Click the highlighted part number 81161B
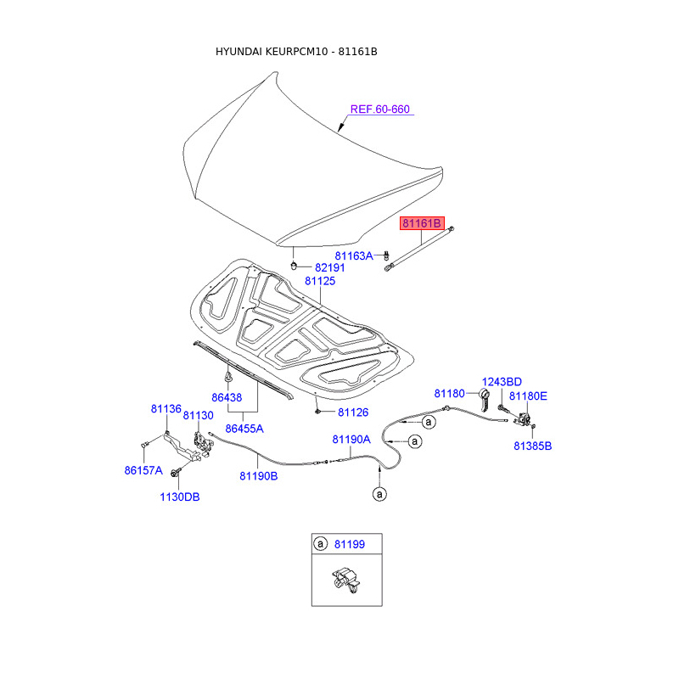pyautogui.click(x=423, y=223)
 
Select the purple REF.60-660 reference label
pyautogui.click(x=380, y=109)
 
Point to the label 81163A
pyautogui.click(x=353, y=255)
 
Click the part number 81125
pyautogui.click(x=320, y=281)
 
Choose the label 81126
pyautogui.click(x=353, y=412)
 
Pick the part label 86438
pyautogui.click(x=227, y=397)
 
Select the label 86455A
pyautogui.click(x=244, y=429)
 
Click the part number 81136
pyautogui.click(x=166, y=408)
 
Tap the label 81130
pyautogui.click(x=199, y=416)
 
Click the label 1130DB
pyautogui.click(x=179, y=497)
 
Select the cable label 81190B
pyautogui.click(x=258, y=476)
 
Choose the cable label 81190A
pyautogui.click(x=351, y=440)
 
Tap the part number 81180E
pyautogui.click(x=528, y=396)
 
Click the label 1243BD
pyautogui.click(x=502, y=382)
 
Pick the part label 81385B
pyautogui.click(x=532, y=446)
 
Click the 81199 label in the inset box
pyautogui.click(x=351, y=543)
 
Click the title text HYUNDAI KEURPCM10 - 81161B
pyautogui.click(x=296, y=52)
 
